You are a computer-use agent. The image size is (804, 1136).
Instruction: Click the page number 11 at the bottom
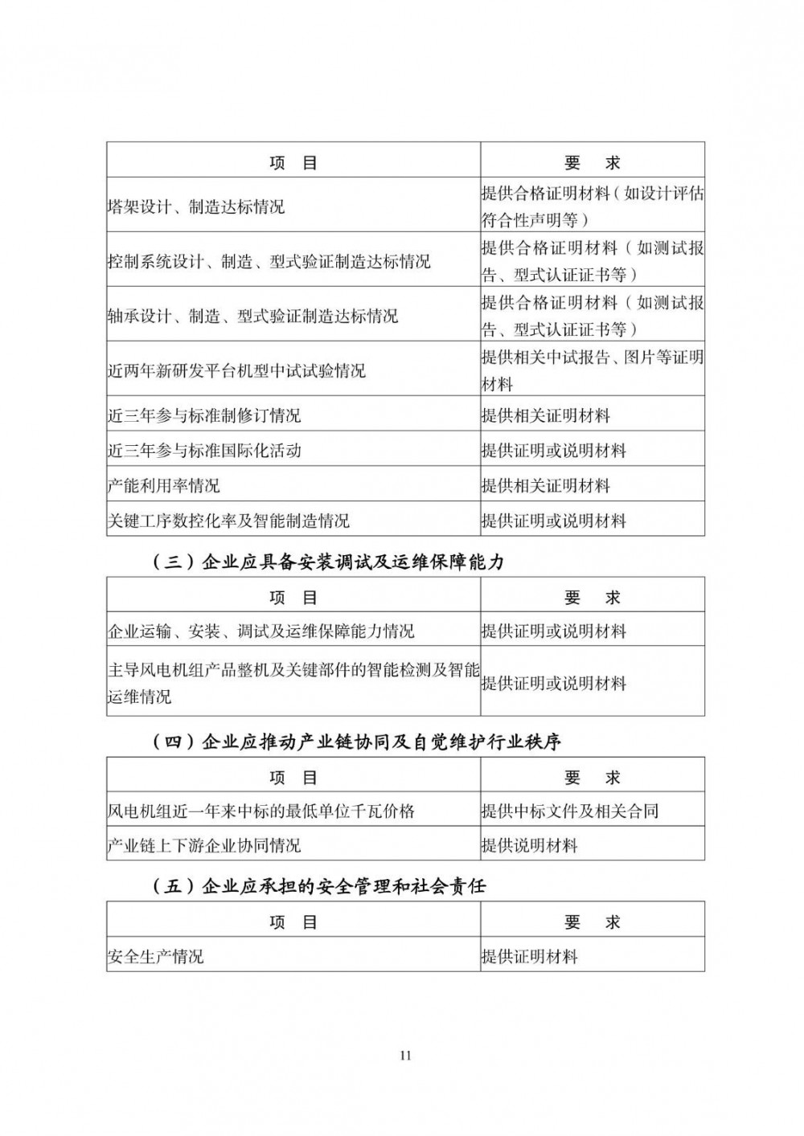pos(404,1056)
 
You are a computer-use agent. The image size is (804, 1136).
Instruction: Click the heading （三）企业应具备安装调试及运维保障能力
pos(328,562)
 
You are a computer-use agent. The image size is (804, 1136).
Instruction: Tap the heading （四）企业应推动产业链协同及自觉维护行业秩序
pos(356,741)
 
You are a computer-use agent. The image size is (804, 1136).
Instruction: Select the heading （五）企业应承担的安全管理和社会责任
pos(318,886)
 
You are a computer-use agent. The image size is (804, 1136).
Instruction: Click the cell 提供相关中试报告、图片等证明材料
pos(592,370)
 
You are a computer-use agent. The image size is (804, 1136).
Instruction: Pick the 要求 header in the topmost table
pos(593,162)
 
